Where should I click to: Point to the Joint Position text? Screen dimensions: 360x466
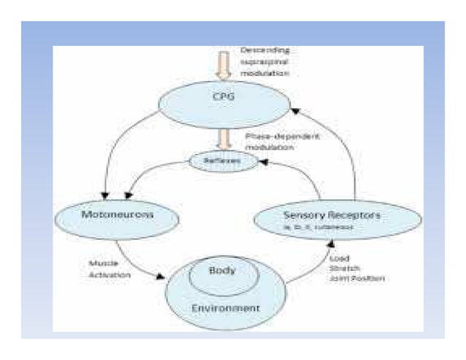coord(357,279)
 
